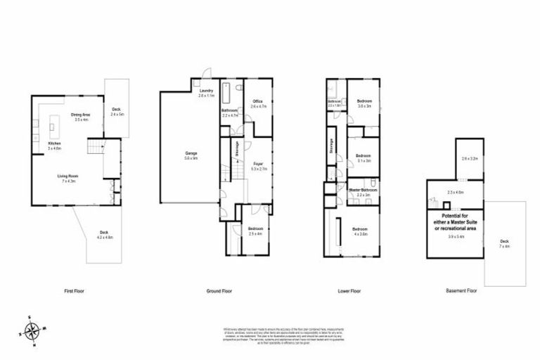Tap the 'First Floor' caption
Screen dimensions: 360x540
click(73, 290)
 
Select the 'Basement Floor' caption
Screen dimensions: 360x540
click(461, 290)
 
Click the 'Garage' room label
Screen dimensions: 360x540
click(190, 155)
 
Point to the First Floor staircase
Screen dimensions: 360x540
click(94, 148)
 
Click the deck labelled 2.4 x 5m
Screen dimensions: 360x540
click(117, 111)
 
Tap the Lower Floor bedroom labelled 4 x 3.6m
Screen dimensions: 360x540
click(359, 231)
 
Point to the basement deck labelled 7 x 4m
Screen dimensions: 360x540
click(504, 243)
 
